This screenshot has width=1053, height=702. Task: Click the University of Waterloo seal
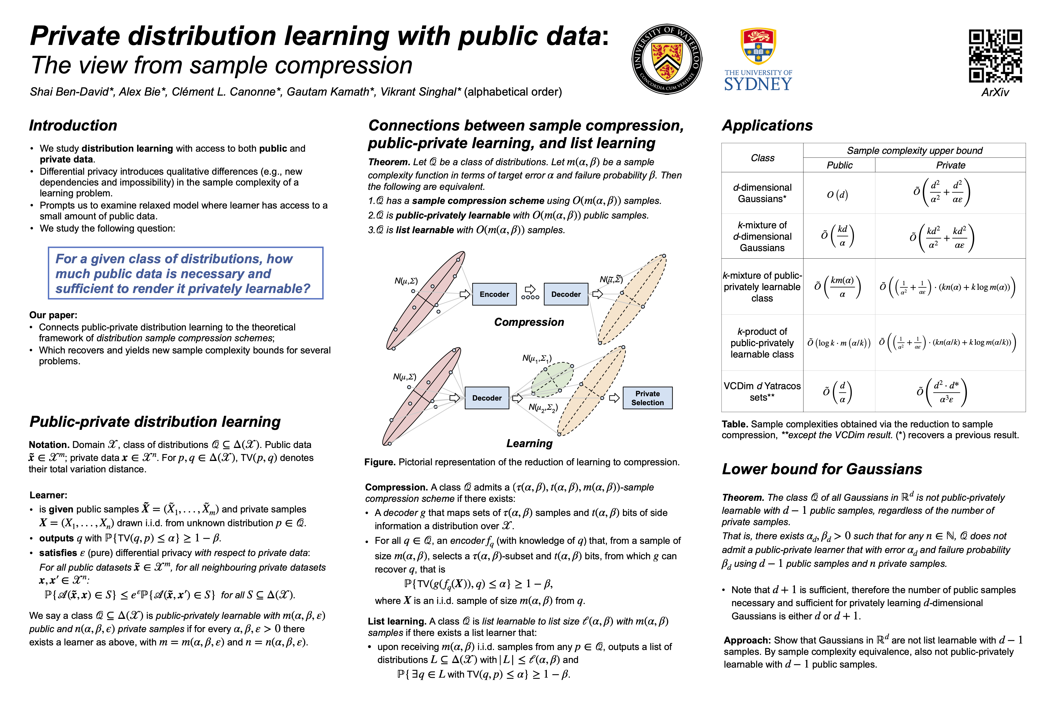(x=667, y=59)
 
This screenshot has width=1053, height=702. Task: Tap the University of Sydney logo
(x=758, y=60)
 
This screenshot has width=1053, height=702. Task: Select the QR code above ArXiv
(x=995, y=56)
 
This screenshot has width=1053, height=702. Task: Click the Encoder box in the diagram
(x=494, y=294)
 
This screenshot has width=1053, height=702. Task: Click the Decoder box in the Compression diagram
(x=566, y=294)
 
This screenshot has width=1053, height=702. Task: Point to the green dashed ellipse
(x=552, y=379)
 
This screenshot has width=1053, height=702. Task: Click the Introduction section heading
(x=73, y=125)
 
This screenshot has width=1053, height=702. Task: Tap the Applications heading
(x=767, y=125)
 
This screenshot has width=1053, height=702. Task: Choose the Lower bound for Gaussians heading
(x=822, y=469)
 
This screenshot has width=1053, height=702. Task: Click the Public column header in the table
(x=839, y=165)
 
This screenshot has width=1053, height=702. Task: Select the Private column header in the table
(x=950, y=165)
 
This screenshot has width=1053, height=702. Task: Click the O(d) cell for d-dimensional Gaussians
(x=837, y=195)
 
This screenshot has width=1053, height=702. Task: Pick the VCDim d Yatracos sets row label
(x=762, y=391)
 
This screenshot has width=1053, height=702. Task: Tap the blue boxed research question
(x=185, y=273)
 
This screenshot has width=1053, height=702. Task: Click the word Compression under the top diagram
(x=529, y=322)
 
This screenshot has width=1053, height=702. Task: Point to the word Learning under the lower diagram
(x=529, y=443)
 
